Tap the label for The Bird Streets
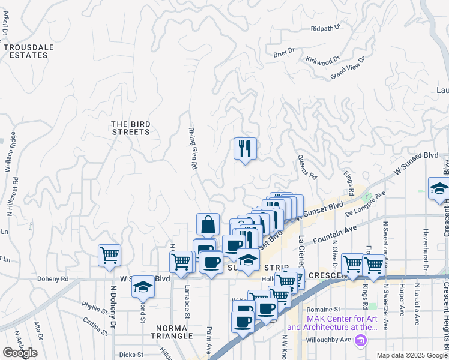tap(131, 128)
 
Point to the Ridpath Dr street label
tap(326, 28)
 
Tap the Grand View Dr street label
tap(348, 67)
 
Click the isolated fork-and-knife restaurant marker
tap(245, 148)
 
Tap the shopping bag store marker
tap(207, 224)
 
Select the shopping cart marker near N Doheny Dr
tap(109, 255)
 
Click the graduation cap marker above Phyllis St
tap(143, 287)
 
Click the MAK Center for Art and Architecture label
tap(333, 323)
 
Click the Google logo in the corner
tap(20, 353)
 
